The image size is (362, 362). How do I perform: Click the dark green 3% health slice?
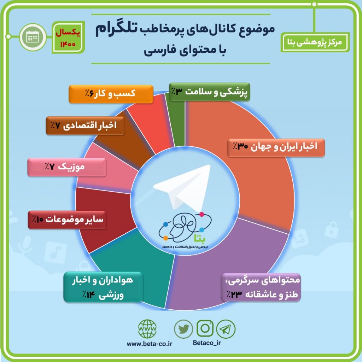[179, 125]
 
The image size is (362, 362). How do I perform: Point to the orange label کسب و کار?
[111, 94]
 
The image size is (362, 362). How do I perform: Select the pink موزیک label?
[67, 167]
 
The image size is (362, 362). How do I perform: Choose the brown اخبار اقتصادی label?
[85, 125]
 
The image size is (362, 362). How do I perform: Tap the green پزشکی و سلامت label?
[209, 92]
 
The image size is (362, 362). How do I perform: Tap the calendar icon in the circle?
[33, 37]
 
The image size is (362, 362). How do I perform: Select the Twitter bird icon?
[183, 329]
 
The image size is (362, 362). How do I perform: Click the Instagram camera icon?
[205, 328]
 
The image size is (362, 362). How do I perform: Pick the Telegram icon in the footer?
[226, 329]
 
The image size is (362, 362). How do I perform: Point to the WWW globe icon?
[147, 329]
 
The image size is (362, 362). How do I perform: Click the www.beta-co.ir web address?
[150, 344]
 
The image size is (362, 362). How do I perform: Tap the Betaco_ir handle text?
[206, 343]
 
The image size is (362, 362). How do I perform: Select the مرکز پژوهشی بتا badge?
[315, 42]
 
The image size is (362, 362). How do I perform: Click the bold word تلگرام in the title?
[117, 29]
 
